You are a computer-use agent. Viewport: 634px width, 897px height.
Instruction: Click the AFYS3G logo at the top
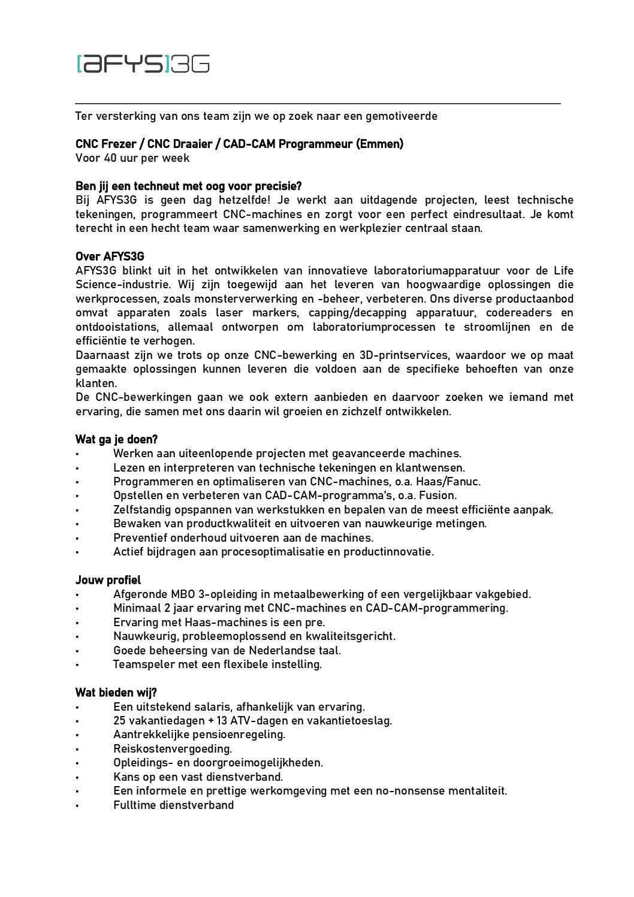tap(143, 63)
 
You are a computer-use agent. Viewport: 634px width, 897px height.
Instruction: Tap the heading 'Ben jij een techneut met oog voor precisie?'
tap(188, 186)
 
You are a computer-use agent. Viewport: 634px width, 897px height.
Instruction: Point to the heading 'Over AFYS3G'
tap(110, 256)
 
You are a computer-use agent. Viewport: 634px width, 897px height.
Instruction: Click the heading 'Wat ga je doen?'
tap(116, 439)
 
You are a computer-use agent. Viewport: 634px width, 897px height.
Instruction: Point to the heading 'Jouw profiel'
tap(108, 580)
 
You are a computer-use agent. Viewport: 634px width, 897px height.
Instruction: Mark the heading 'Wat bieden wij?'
tap(116, 693)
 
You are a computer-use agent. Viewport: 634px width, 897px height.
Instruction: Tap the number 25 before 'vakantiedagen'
tap(120, 721)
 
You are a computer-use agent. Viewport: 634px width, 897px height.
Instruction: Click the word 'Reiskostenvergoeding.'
tap(173, 749)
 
